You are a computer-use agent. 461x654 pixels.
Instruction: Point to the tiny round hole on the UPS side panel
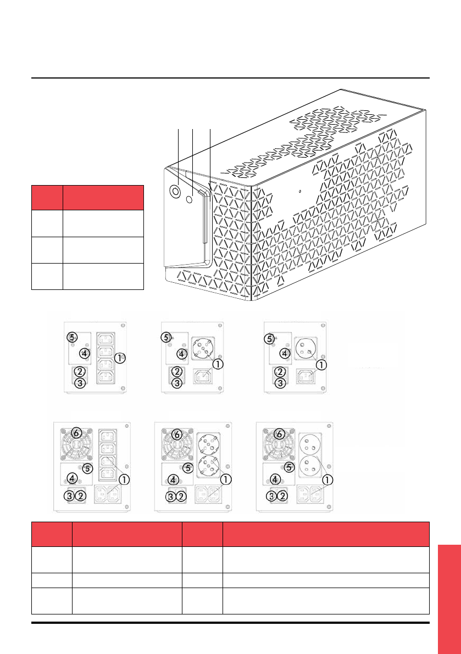[x=300, y=192]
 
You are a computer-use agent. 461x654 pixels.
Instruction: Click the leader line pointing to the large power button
[x=179, y=154]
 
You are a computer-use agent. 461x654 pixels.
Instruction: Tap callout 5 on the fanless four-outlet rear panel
[x=71, y=336]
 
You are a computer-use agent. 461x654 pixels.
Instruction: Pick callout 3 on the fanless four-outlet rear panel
[x=80, y=382]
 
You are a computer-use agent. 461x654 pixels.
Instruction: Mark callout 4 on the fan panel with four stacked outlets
[x=73, y=478]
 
